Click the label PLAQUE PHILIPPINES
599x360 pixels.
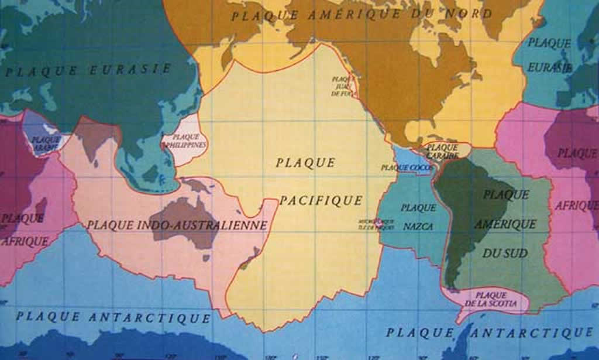pyautogui.click(x=186, y=140)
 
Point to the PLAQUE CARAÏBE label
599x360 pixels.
pyautogui.click(x=442, y=152)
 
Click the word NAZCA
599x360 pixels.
pyautogui.click(x=418, y=226)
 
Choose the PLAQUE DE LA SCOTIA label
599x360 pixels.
pyautogui.click(x=491, y=299)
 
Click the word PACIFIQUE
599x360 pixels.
pyautogui.click(x=321, y=201)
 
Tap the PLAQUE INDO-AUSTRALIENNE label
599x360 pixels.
pyautogui.click(x=177, y=225)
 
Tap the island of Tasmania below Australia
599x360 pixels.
pyautogui.click(x=206, y=258)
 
